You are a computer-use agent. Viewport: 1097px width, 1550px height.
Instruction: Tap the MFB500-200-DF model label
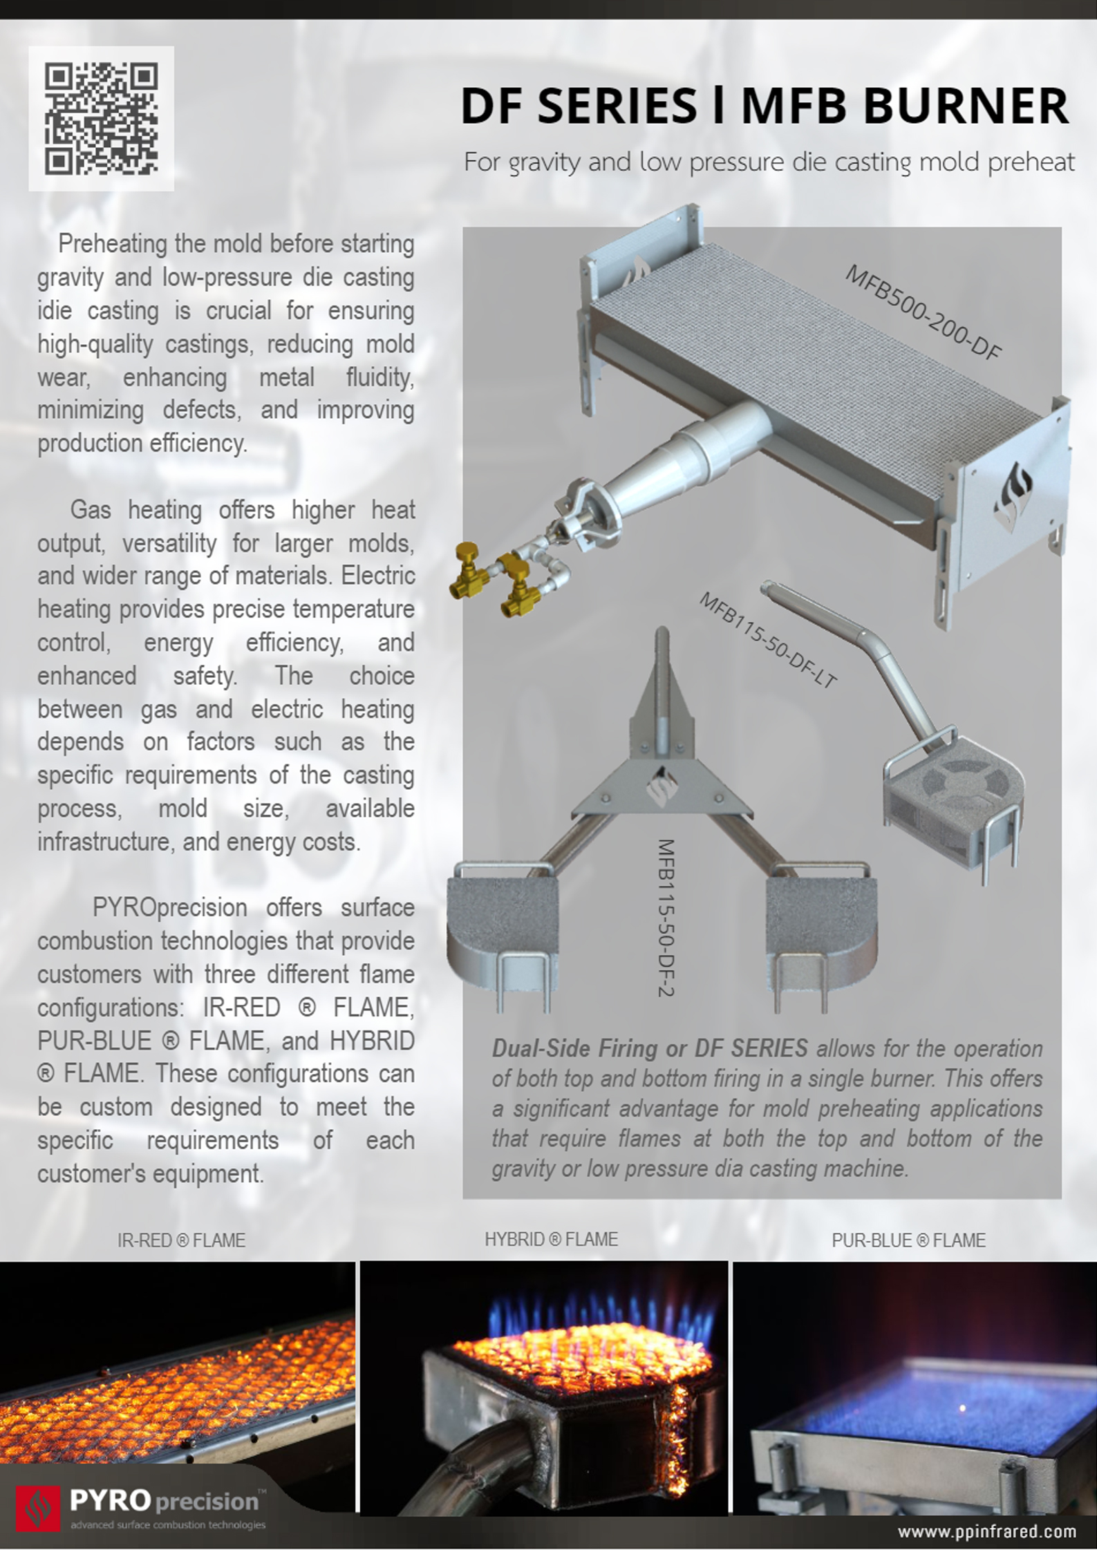(x=923, y=313)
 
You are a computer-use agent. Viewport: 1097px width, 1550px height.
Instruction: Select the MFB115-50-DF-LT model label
(x=767, y=640)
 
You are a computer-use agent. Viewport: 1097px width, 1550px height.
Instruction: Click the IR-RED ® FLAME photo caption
(x=181, y=1240)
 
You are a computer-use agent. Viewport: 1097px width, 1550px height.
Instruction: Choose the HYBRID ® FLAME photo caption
(x=551, y=1239)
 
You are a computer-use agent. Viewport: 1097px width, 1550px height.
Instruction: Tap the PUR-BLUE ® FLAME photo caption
(x=908, y=1240)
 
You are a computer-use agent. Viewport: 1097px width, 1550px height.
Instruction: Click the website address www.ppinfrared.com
(x=986, y=1531)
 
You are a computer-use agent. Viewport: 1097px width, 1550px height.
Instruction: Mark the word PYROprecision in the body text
(x=169, y=907)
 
